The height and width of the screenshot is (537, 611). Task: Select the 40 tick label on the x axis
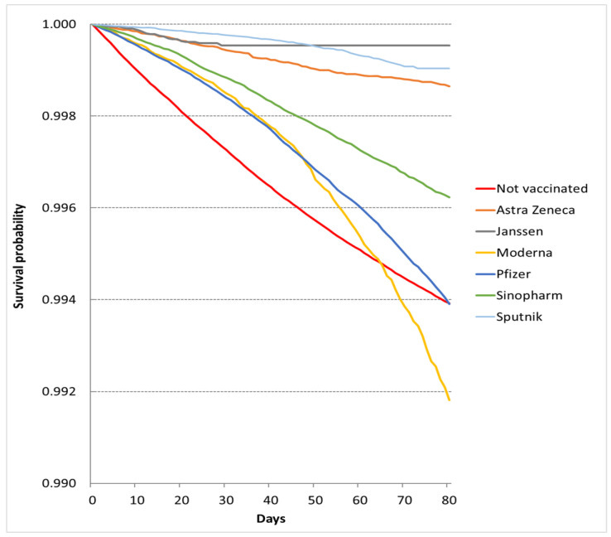pyautogui.click(x=269, y=500)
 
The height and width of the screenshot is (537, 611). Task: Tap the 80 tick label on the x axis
pyautogui.click(x=447, y=500)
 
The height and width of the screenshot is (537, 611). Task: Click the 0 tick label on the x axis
pyautogui.click(x=91, y=500)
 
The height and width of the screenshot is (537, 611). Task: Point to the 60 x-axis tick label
pyautogui.click(x=358, y=500)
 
